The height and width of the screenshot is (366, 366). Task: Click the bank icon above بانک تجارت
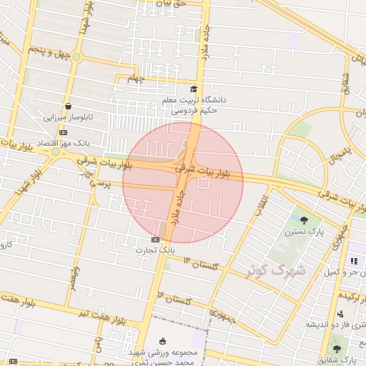pos(156,239)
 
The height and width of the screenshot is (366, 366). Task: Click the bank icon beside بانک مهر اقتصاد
pos(64,132)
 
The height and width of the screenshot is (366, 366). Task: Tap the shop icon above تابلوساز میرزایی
pos(68,106)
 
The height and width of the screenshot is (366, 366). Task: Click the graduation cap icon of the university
pos(194,89)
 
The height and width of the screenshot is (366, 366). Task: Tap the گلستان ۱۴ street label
pos(199,264)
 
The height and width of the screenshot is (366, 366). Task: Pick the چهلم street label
pos(136,79)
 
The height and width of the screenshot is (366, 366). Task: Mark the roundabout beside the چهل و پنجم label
pos(76,56)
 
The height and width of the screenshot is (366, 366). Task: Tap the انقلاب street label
pos(264,202)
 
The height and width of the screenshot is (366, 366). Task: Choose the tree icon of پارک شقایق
pos(337,350)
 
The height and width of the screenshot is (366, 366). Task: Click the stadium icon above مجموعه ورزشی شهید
pos(162,340)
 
